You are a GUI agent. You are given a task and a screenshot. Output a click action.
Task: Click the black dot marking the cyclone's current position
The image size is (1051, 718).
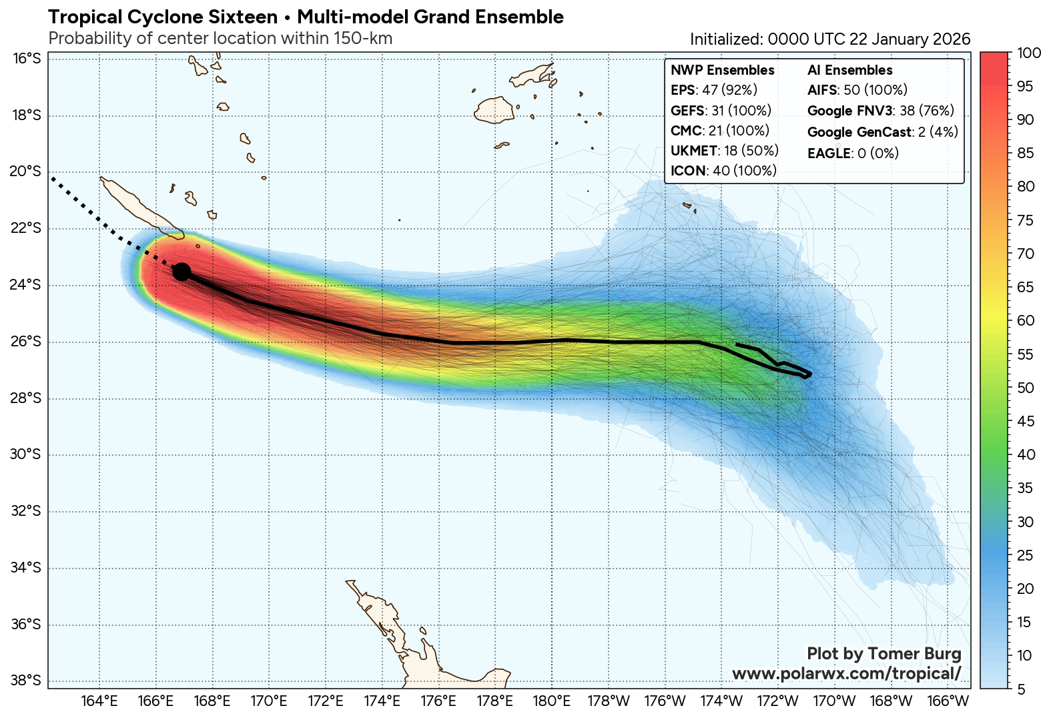click(x=182, y=272)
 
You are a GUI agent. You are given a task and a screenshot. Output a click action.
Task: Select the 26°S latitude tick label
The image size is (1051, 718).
click(x=26, y=342)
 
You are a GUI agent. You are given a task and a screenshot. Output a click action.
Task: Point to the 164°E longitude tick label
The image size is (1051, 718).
click(x=100, y=701)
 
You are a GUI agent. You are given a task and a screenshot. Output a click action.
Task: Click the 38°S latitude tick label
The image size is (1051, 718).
click(x=26, y=681)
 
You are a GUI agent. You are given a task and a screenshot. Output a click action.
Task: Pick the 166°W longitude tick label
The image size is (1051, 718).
click(x=948, y=701)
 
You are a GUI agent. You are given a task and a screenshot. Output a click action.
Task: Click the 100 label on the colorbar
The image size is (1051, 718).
click(x=1028, y=53)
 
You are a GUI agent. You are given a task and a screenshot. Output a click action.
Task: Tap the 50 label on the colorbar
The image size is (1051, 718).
click(x=1026, y=388)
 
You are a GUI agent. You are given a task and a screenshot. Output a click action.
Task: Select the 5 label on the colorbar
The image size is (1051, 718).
click(x=1022, y=689)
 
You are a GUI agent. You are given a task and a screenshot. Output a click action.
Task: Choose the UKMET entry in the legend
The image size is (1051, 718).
click(x=724, y=151)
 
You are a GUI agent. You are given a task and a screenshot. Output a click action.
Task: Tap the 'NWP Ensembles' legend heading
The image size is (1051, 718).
click(x=722, y=70)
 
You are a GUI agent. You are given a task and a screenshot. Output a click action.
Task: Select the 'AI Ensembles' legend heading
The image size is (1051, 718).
click(x=849, y=70)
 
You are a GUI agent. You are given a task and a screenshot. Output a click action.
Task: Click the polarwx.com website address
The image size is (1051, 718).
click(x=846, y=673)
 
